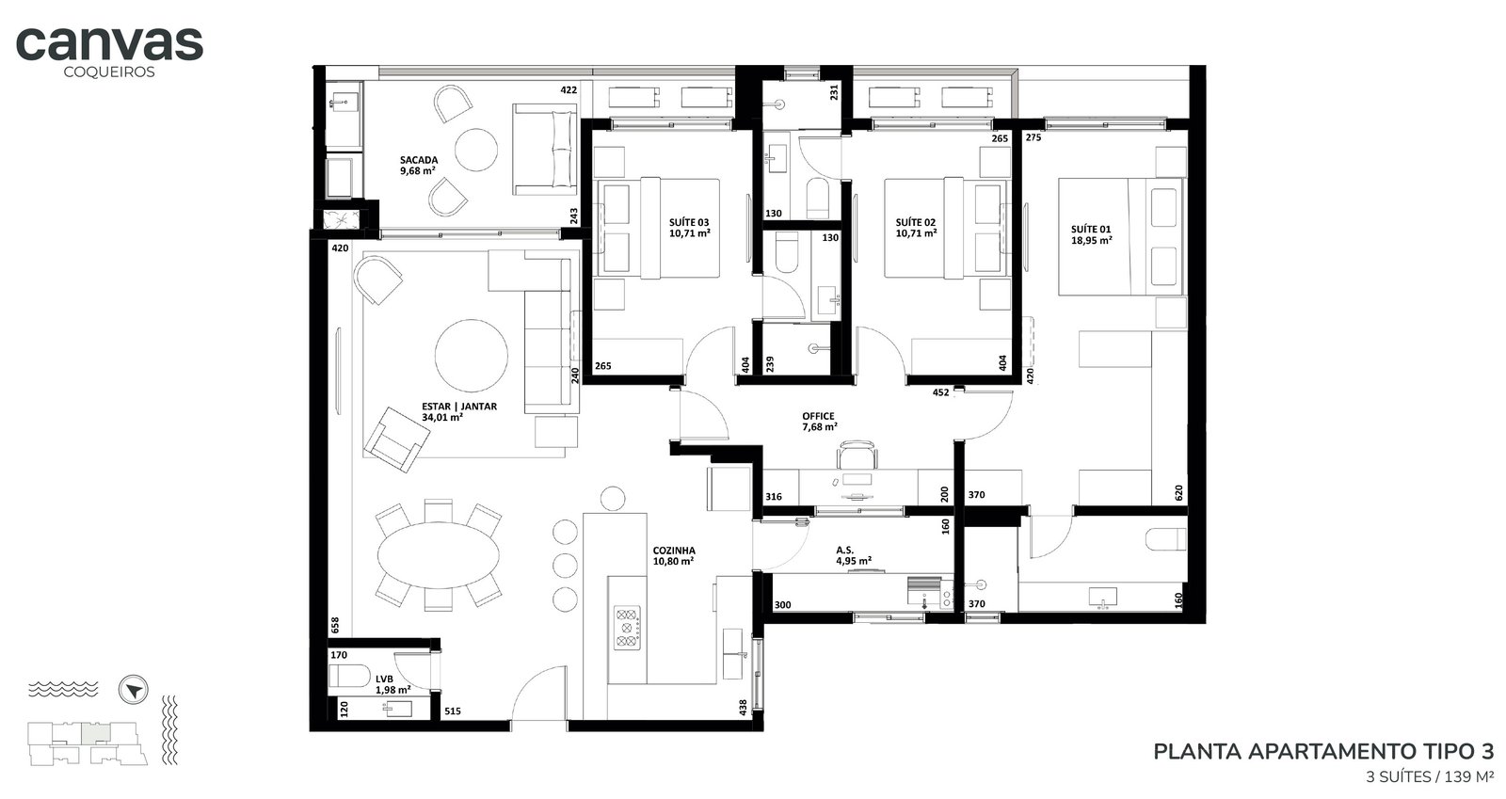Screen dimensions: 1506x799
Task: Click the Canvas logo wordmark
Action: [x=109, y=43]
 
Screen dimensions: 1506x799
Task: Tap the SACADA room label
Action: [x=419, y=160]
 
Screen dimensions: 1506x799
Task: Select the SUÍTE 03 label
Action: [x=688, y=222]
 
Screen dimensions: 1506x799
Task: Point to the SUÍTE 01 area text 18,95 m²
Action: [x=1091, y=240]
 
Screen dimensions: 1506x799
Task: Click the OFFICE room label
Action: [x=818, y=416]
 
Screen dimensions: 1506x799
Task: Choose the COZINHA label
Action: [x=674, y=551]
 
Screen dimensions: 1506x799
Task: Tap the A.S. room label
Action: [x=845, y=550]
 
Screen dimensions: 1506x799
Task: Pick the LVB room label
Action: [x=385, y=679]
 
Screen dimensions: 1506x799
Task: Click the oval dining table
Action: [x=439, y=555]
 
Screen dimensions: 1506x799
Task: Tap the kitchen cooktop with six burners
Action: [x=627, y=628]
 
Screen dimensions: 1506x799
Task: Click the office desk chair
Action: [x=857, y=455]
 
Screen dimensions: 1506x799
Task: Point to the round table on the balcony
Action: [x=476, y=151]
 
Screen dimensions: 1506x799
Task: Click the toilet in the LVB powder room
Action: [x=349, y=676]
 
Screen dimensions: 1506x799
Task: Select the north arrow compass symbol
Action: [x=133, y=690]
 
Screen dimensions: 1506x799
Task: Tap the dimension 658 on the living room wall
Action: [x=335, y=626]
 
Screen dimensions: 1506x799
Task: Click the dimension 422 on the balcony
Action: [x=569, y=90]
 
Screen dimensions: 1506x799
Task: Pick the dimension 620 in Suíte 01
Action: [x=1178, y=493]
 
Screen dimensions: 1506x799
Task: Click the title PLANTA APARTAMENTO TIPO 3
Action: [x=1323, y=751]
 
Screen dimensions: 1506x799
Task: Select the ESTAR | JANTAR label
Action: [x=459, y=407]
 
